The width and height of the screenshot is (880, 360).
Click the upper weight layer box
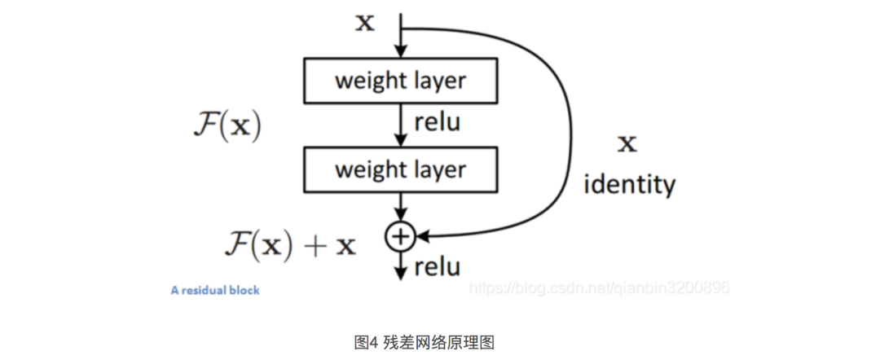point(400,81)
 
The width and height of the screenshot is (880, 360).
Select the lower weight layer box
point(400,170)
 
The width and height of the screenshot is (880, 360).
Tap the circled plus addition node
point(400,236)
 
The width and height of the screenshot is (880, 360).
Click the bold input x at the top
point(365,23)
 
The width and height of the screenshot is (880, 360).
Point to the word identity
point(630,184)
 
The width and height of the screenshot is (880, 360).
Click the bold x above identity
point(626,145)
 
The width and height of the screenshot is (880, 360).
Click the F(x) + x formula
point(290,244)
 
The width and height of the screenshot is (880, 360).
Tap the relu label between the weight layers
point(438,123)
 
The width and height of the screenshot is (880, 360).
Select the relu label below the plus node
point(438,266)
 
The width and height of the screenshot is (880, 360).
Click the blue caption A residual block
point(215,290)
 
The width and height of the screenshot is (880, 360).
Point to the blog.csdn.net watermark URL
point(601,288)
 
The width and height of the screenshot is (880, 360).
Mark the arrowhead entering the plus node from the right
point(422,236)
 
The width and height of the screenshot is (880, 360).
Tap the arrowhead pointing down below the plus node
point(400,274)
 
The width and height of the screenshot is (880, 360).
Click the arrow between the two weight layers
point(400,125)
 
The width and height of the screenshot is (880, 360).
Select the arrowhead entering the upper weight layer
point(400,53)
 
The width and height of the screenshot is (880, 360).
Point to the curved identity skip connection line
point(561,122)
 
